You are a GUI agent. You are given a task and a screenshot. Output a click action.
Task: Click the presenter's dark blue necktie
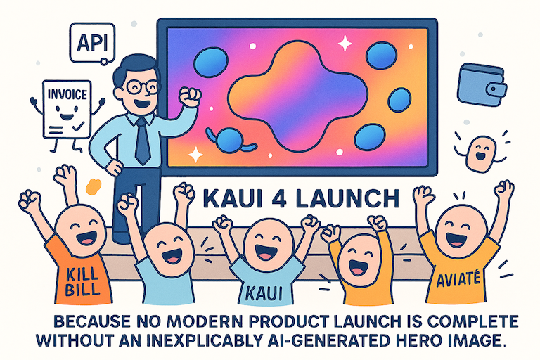142,140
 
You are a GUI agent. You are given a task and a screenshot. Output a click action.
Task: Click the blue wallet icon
481,84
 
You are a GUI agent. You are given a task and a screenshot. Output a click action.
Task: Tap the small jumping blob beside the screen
480,150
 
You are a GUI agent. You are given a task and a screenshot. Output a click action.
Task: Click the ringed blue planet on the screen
229,141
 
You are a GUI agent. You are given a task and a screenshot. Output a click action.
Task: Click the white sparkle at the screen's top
345,44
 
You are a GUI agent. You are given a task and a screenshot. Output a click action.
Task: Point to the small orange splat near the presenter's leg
91,186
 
